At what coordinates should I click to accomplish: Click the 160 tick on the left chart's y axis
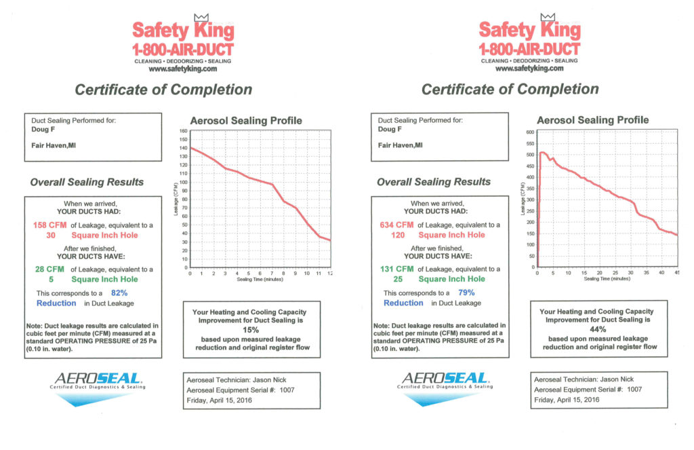coord(183,131)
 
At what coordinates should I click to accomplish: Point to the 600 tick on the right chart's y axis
coord(531,132)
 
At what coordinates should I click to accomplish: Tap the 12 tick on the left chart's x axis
coord(330,273)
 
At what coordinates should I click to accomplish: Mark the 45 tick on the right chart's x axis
coord(676,273)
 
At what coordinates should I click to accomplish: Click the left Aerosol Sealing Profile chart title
coord(246,121)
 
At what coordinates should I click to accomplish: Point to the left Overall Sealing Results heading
coord(87,182)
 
